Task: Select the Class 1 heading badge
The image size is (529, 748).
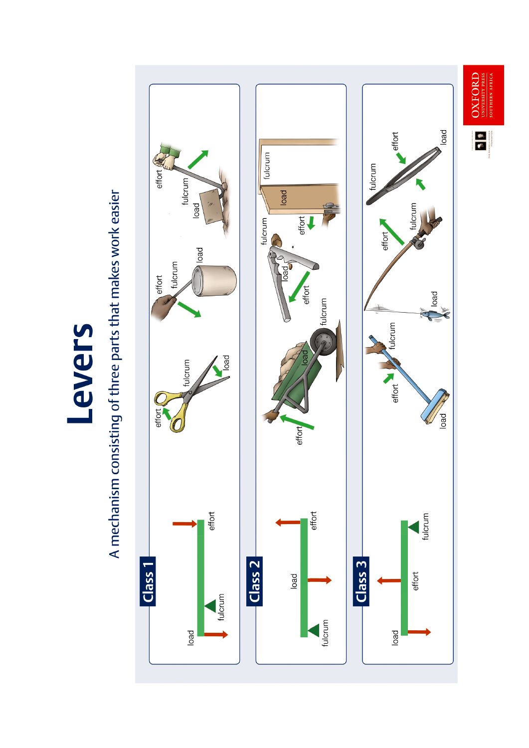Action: coord(148,581)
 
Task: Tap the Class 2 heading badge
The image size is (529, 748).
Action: coord(254,581)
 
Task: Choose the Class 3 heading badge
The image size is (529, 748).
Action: coord(361,581)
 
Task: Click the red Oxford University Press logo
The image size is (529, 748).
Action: coord(483,95)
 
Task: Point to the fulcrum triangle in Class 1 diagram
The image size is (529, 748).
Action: coord(211,606)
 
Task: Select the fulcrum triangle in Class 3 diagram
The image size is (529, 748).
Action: coord(414,527)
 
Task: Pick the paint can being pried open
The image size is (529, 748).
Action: coord(215,280)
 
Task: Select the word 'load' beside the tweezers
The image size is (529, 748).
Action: coord(443,137)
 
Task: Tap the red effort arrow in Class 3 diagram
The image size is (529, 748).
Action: coord(389,580)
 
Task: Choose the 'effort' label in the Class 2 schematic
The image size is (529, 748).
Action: coord(314,520)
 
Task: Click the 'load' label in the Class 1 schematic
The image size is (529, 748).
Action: coord(190,637)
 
